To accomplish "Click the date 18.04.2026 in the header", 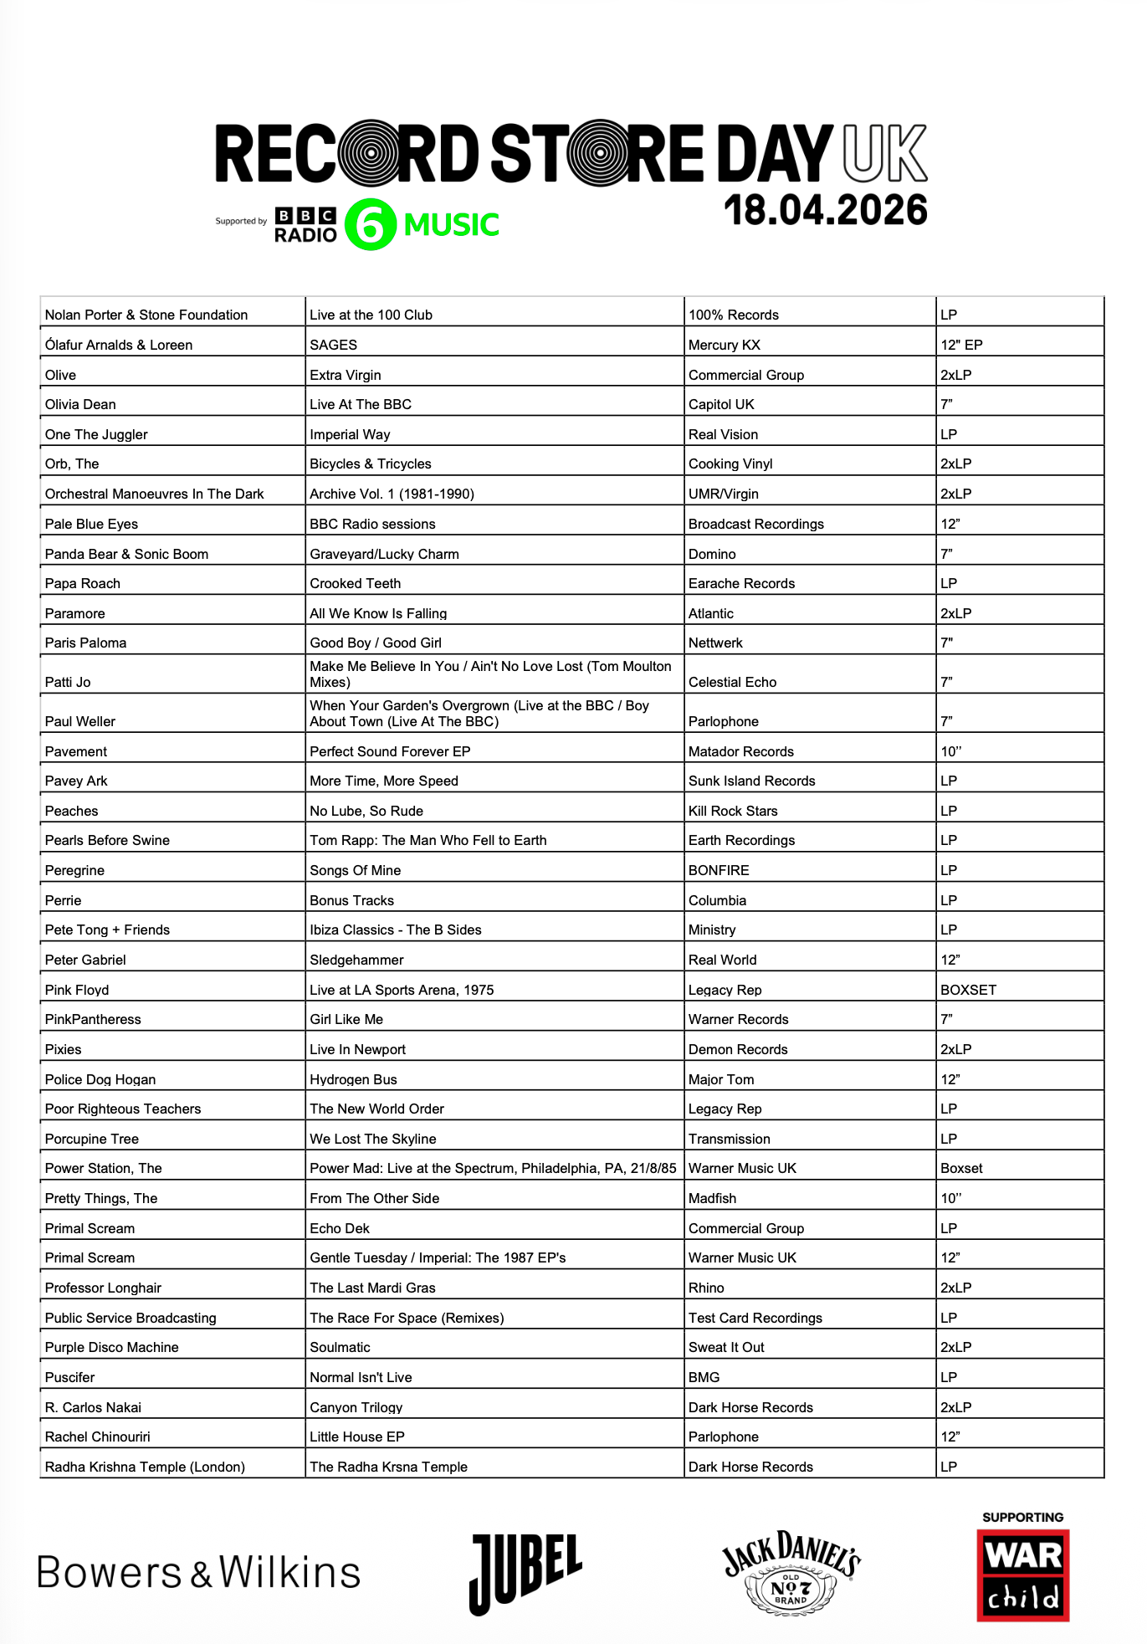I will [825, 210].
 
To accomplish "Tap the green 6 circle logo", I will [370, 224].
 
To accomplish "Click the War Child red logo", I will [1022, 1575].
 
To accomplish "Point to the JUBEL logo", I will [525, 1573].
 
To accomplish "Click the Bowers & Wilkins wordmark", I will [199, 1573].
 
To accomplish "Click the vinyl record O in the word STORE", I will [599, 153].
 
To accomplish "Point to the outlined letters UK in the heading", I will [885, 153].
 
